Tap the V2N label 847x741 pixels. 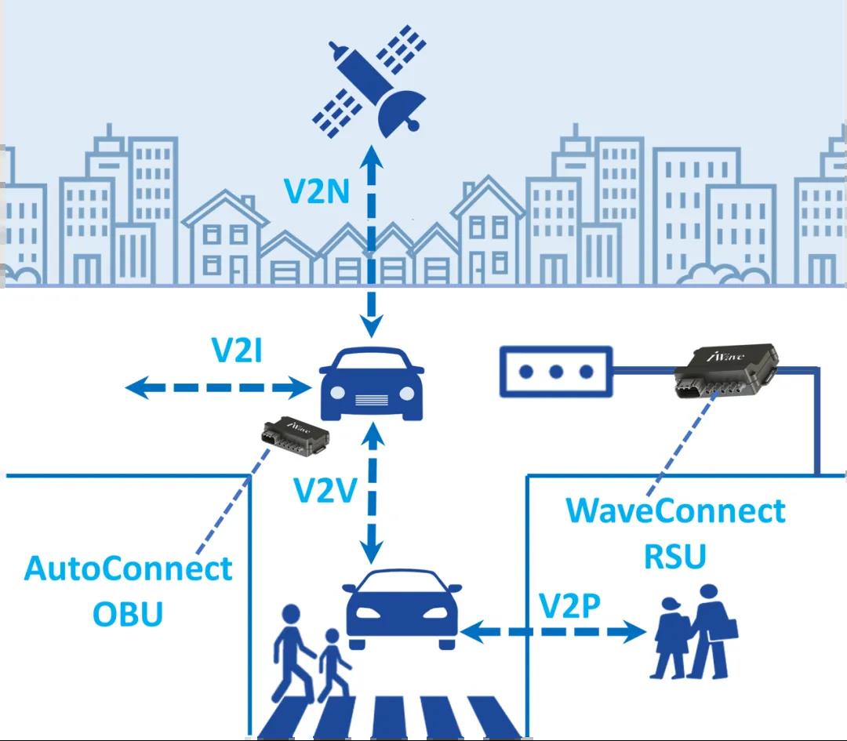[317, 191]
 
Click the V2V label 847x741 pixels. [325, 490]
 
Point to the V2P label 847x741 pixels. [570, 605]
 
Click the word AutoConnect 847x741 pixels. [129, 568]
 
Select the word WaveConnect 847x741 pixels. [675, 510]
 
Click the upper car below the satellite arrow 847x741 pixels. [373, 383]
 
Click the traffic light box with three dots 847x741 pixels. [556, 371]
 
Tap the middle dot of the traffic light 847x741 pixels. [556, 371]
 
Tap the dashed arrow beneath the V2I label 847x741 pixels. [219, 386]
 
